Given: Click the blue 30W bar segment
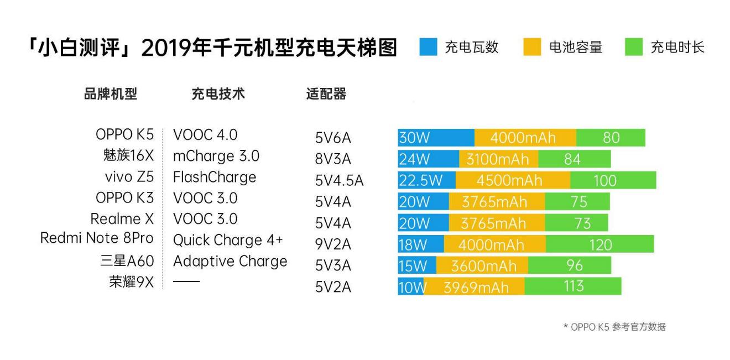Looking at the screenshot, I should (436, 138).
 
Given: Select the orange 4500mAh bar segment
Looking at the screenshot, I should (513, 180).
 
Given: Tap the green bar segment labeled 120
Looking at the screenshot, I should (599, 244).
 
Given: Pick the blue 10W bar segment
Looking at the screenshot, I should (410, 286).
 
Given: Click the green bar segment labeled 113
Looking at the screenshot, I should (572, 286).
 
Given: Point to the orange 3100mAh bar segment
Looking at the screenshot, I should (498, 159).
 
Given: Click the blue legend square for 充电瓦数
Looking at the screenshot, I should (428, 48).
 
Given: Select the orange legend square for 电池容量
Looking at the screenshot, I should (532, 48).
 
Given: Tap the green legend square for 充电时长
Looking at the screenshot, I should (634, 48).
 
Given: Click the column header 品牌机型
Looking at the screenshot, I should (110, 94).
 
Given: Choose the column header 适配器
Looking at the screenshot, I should (326, 94).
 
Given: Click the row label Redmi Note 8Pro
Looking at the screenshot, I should (97, 238).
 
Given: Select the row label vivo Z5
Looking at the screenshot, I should (129, 177).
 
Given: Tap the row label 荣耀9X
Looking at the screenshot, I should (131, 282).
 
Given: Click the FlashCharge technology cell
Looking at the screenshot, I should (215, 177).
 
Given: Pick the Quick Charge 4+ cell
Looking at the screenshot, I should (228, 241).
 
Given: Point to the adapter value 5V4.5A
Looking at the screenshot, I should (340, 181).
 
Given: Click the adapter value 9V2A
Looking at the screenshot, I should (333, 244).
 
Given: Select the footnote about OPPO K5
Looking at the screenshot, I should (614, 327).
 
